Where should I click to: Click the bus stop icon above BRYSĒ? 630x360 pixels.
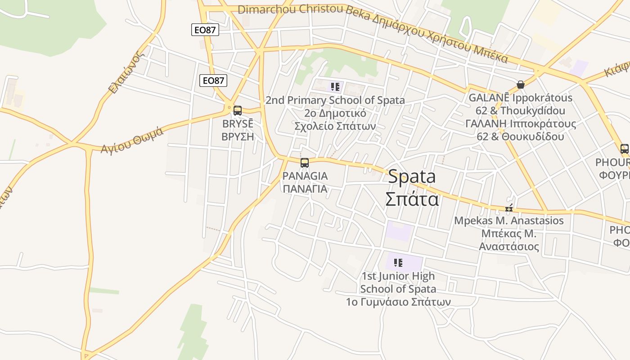click(238, 110)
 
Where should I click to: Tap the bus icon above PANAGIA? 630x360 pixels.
click(305, 163)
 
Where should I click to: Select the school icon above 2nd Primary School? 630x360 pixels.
click(335, 86)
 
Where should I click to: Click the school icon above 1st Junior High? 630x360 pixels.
click(398, 262)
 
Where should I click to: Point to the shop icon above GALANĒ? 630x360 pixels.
click(521, 85)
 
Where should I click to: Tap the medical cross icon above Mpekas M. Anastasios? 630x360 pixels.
click(509, 208)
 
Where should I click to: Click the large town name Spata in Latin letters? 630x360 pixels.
click(412, 177)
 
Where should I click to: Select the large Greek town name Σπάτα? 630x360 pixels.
click(412, 198)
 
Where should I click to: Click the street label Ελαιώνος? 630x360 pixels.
click(127, 73)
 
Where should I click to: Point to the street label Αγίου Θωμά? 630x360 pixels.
click(132, 141)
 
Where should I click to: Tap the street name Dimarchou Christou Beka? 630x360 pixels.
click(291, 9)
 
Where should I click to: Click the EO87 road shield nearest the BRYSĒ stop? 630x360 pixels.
click(213, 81)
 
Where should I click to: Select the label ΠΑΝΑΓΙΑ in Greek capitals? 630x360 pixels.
click(305, 189)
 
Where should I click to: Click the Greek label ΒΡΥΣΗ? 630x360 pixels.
click(238, 136)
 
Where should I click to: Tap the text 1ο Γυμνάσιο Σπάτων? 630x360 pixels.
click(398, 301)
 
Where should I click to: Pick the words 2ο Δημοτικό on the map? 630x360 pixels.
click(335, 113)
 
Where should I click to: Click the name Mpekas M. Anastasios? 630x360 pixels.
click(508, 220)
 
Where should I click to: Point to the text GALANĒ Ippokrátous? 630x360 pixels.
click(520, 98)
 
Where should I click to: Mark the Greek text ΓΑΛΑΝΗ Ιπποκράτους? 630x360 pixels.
click(520, 124)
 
